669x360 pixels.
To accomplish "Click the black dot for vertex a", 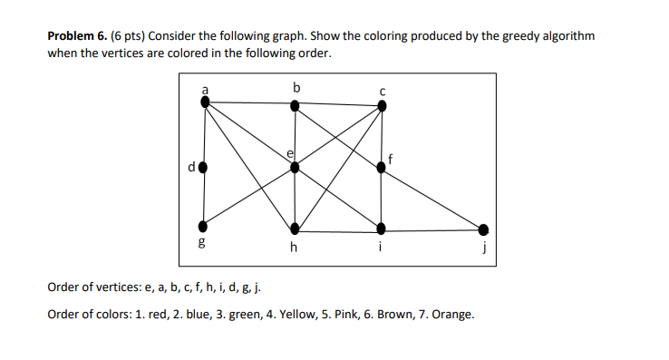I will point(205,102).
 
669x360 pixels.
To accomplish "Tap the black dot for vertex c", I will point(382,105).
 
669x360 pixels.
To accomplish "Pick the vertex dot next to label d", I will point(203,167).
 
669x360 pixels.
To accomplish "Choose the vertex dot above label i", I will point(381,227).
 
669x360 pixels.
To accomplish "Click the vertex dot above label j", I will point(483,229).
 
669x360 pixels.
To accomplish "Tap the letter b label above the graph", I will point(296,86).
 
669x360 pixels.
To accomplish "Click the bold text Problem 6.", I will point(77,36).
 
